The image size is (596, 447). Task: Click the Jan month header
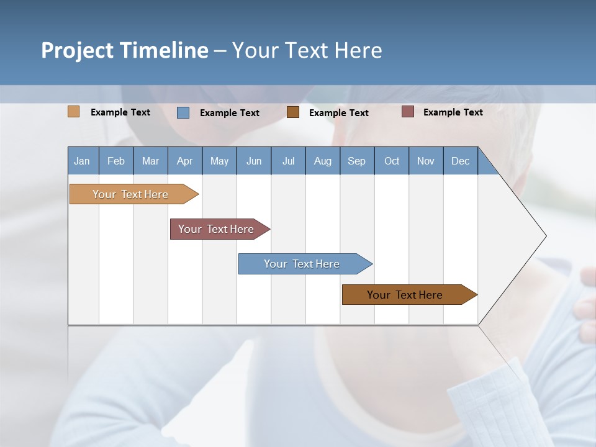[x=83, y=161]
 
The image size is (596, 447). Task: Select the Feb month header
[x=116, y=161]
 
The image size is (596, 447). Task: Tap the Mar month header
[x=150, y=161]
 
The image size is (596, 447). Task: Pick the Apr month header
[x=185, y=161]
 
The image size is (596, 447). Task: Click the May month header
[x=219, y=161]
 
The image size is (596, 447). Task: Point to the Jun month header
[x=254, y=161]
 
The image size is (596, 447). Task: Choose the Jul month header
[x=288, y=161]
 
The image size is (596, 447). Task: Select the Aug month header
[x=323, y=161]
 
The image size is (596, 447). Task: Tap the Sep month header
[x=357, y=161]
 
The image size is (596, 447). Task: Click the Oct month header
[x=392, y=161]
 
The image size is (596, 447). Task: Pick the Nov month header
[x=426, y=161]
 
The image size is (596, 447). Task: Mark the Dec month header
[x=461, y=161]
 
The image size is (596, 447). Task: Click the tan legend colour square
[x=74, y=112]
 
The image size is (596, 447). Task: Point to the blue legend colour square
[x=183, y=112]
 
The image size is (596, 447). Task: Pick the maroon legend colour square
[x=408, y=112]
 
